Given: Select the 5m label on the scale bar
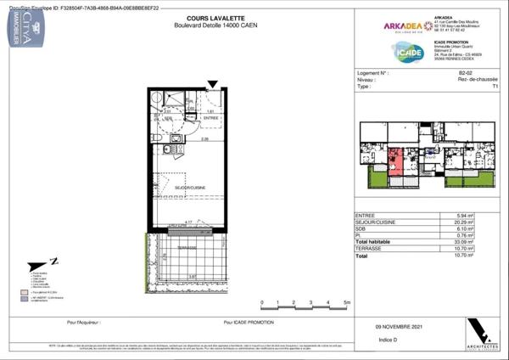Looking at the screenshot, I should (x=346, y=303).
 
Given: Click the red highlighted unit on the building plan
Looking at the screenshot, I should (x=395, y=158).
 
